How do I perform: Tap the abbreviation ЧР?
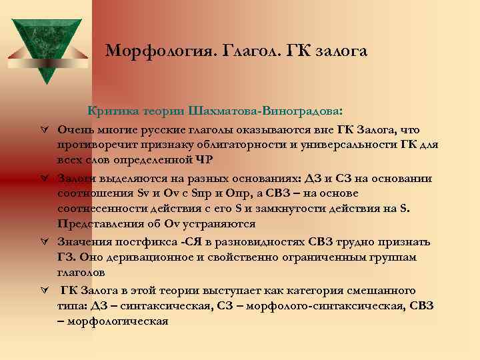(x=205, y=159)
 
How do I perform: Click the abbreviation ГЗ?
(x=67, y=257)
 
